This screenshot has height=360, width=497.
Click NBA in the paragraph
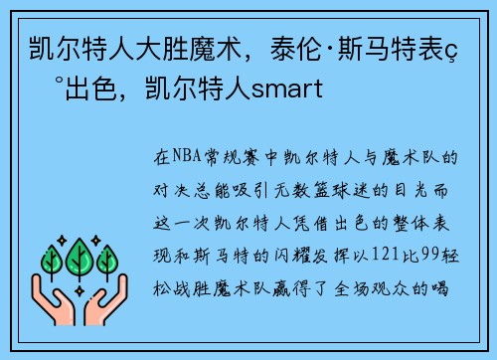pyautogui.click(x=185, y=157)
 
